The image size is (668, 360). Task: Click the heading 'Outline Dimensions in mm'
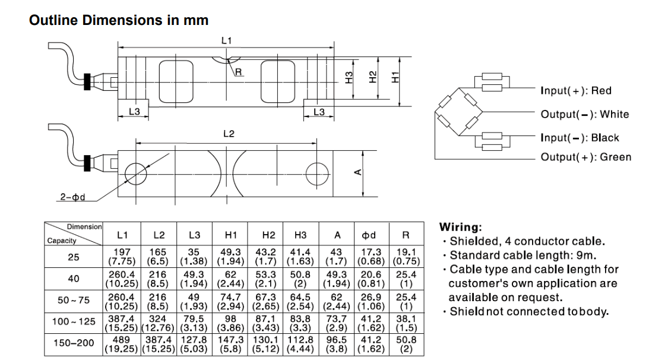pyautogui.click(x=119, y=20)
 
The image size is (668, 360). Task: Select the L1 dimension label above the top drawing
pyautogui.click(x=226, y=40)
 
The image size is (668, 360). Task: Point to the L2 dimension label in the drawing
pyautogui.click(x=229, y=134)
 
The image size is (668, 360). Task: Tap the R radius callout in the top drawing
pyautogui.click(x=239, y=72)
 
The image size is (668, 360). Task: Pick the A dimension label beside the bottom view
pyautogui.click(x=357, y=172)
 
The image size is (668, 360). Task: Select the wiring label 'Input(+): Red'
pyautogui.click(x=575, y=91)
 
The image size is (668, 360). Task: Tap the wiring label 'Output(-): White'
pyautogui.click(x=584, y=114)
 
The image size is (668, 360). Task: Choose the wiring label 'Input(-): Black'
pyautogui.click(x=580, y=138)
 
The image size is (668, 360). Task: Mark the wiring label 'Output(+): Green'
pyautogui.click(x=585, y=157)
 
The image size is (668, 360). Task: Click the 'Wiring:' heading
pyautogui.click(x=461, y=227)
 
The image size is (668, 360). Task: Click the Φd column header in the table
pyautogui.click(x=369, y=235)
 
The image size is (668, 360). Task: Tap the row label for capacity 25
pyautogui.click(x=74, y=257)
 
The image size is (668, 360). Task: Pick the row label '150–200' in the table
pyautogui.click(x=74, y=343)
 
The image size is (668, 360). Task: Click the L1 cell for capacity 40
pyautogui.click(x=122, y=279)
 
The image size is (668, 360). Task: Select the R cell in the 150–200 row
pyautogui.click(x=406, y=344)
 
